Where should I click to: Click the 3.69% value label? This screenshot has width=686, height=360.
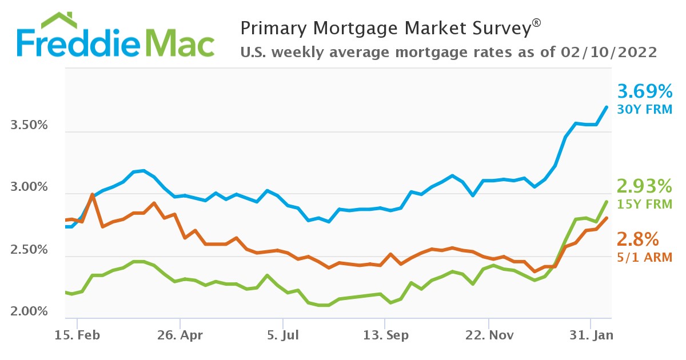[x=645, y=91]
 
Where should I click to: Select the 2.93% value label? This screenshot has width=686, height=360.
[x=645, y=186]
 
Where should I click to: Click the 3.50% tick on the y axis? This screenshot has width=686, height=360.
[x=29, y=125]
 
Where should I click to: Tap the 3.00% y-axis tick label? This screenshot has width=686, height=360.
[x=29, y=187]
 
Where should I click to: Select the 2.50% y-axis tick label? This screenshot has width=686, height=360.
[x=29, y=250]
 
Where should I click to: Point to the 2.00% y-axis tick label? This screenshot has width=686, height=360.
[x=29, y=312]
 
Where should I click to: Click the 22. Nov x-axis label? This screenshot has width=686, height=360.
[x=489, y=335]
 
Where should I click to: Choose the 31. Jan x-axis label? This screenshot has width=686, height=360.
[x=592, y=335]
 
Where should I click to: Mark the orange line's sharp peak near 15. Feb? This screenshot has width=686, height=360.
[x=92, y=195]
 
